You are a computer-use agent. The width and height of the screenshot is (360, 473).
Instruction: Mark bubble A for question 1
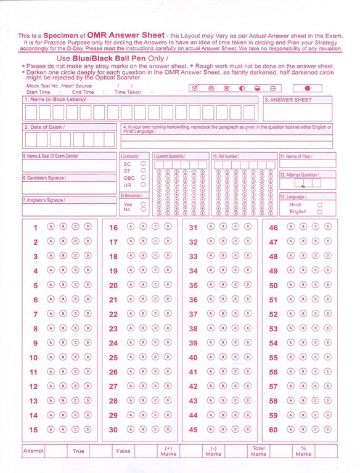(x=51, y=227)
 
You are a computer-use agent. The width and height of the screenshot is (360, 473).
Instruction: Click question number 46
(x=274, y=228)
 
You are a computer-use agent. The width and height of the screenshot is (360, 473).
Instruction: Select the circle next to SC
(x=143, y=164)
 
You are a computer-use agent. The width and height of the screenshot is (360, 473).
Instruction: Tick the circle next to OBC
(x=143, y=177)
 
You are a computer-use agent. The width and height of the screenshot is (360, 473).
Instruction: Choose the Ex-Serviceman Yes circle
(x=143, y=203)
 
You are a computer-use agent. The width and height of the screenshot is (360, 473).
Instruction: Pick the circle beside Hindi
(x=319, y=204)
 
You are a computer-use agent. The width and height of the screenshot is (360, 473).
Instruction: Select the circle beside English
(x=319, y=211)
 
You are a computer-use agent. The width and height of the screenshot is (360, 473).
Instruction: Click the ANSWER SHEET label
(x=282, y=100)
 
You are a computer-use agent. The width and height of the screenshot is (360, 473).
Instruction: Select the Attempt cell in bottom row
(x=33, y=451)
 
